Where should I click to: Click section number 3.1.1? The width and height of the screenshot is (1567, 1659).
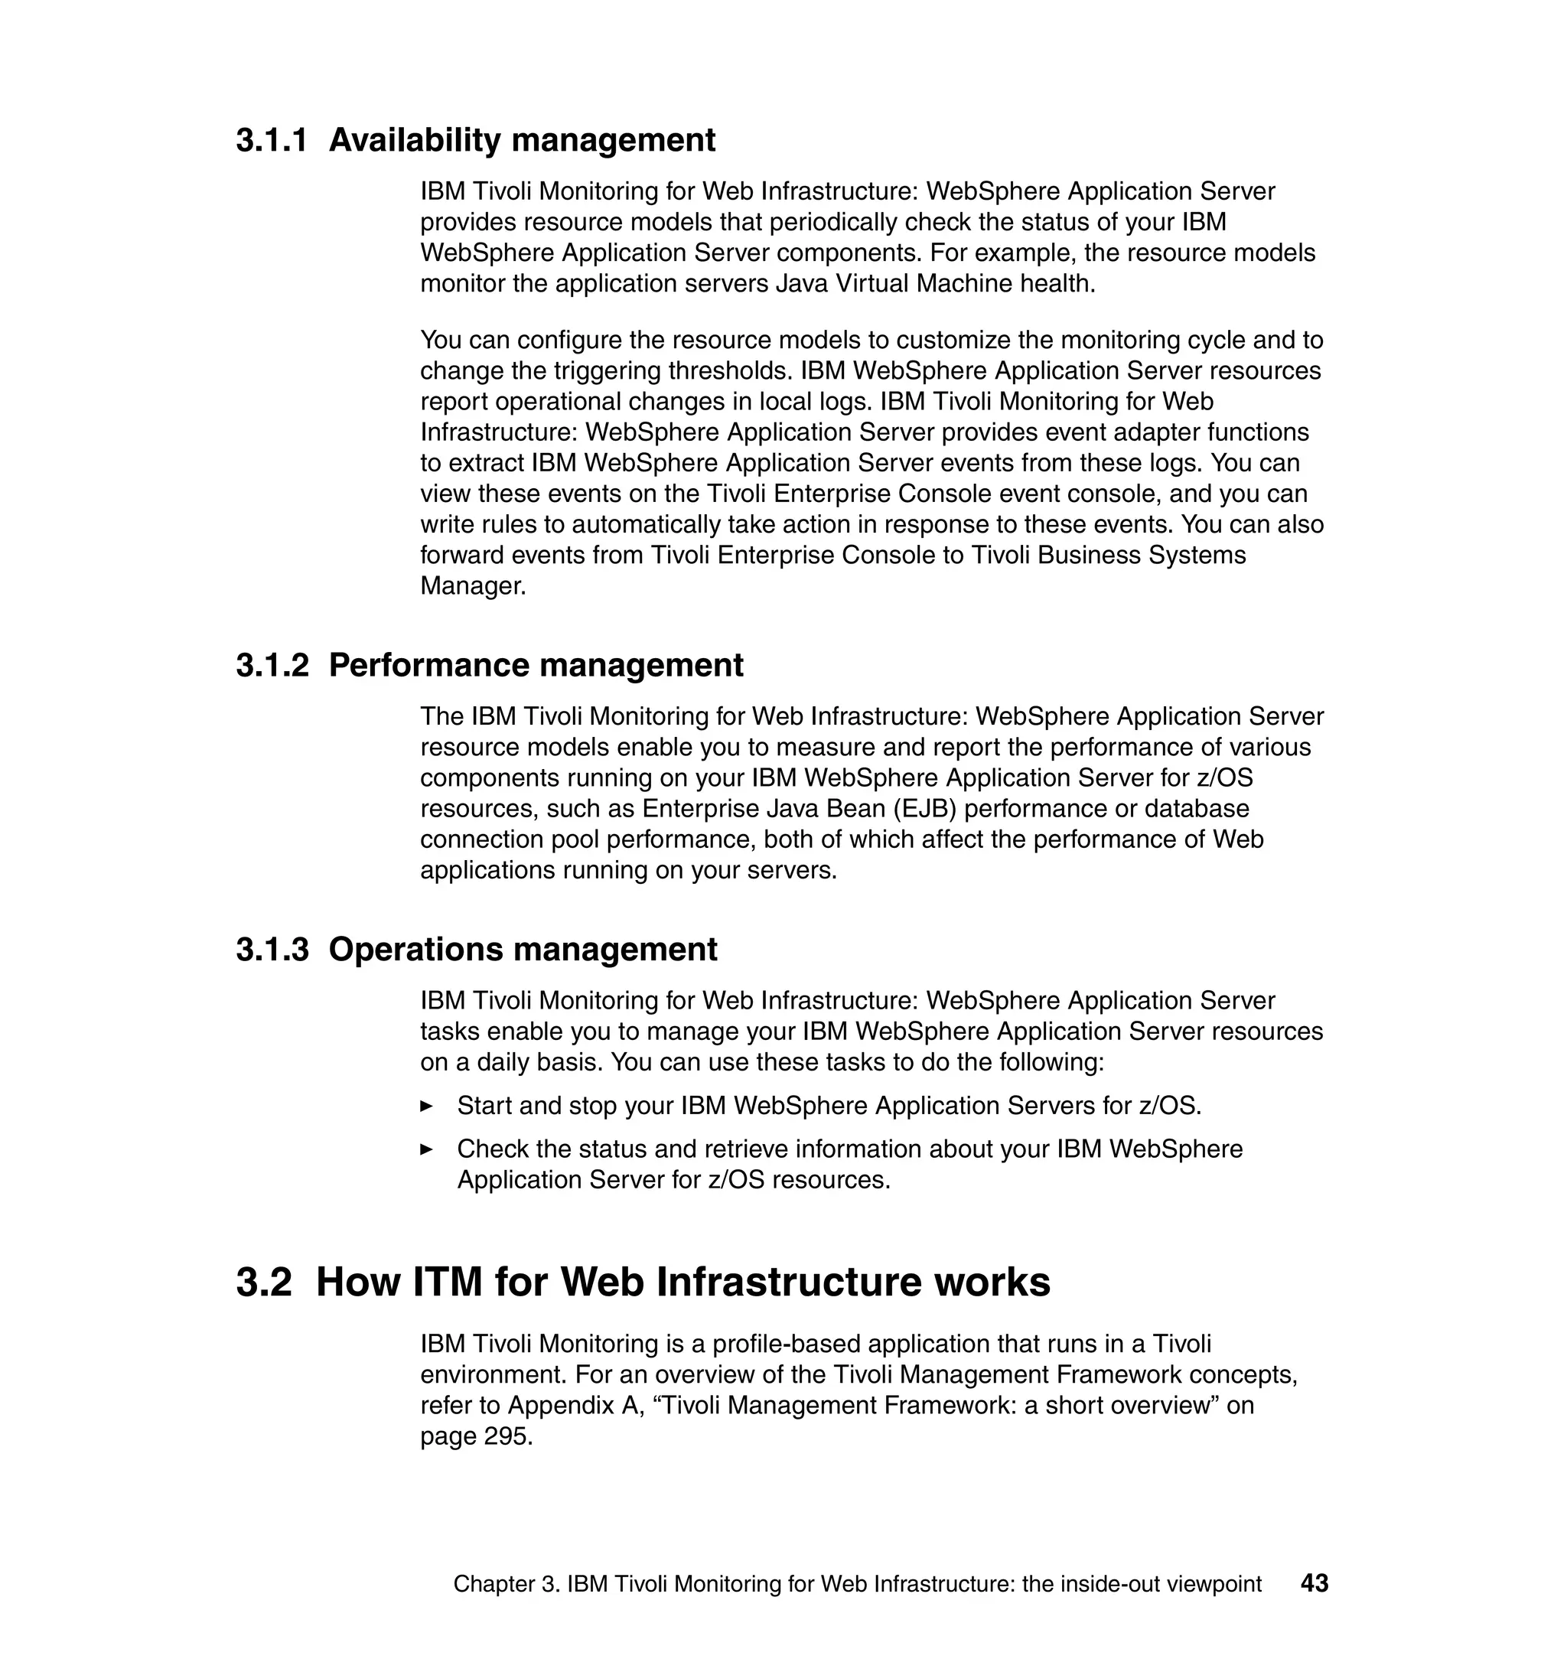272,140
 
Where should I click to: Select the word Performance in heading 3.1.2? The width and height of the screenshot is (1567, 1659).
428,666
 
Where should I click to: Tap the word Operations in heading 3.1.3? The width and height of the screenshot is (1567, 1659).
415,950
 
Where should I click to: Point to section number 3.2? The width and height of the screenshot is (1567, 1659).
264,1282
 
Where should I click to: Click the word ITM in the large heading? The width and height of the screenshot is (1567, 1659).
448,1282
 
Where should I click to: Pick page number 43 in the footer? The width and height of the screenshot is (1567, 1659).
1314,1583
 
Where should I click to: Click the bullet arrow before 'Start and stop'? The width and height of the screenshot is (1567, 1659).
427,1106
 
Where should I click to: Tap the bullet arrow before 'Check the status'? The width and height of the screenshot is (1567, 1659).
427,1149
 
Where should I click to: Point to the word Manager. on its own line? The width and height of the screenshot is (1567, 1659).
473,585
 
